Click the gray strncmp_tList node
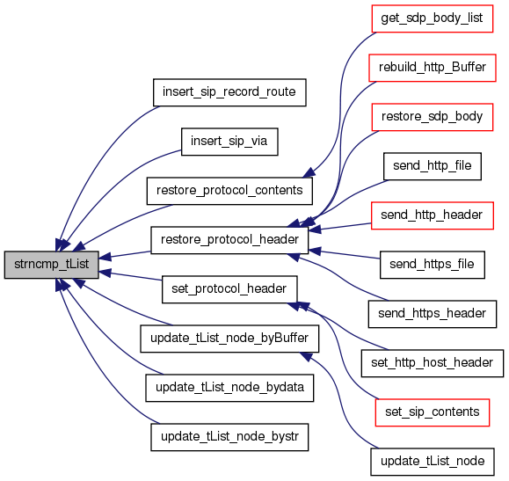[51, 265]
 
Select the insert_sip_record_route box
[229, 92]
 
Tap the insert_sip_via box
[229, 142]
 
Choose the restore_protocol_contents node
[229, 191]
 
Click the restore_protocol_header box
[229, 240]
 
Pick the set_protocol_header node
[229, 289]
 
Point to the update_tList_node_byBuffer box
[229, 339]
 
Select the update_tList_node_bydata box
[229, 388]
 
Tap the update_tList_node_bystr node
[229, 437]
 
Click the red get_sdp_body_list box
[432, 18]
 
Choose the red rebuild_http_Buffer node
[432, 68]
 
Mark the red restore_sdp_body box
[432, 117]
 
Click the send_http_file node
[432, 166]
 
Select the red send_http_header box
[432, 215]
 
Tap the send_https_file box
[432, 265]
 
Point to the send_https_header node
[432, 314]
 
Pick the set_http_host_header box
[432, 363]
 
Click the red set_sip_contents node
[432, 412]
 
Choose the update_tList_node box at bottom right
[432, 462]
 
